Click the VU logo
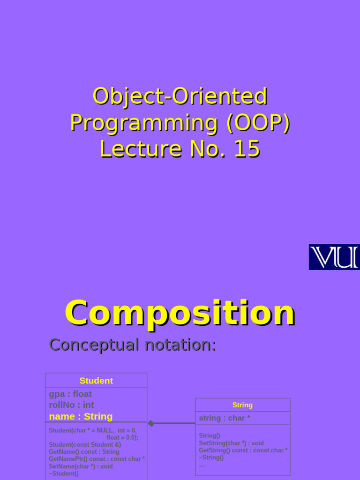click(x=334, y=257)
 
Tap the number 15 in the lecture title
click(x=247, y=149)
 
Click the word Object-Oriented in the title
click(x=180, y=96)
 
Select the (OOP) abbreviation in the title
click(x=258, y=123)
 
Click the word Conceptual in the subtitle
click(x=94, y=345)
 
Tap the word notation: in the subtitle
click(x=180, y=345)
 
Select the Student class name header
click(x=96, y=381)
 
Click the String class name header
click(x=242, y=405)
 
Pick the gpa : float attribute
click(x=70, y=394)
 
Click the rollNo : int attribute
click(x=71, y=405)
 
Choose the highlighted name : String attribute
click(x=81, y=416)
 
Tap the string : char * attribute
click(x=225, y=418)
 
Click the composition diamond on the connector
click(x=151, y=423)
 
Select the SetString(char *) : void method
click(x=231, y=443)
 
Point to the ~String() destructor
click(x=211, y=457)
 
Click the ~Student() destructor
click(x=64, y=473)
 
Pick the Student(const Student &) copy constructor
click(x=85, y=444)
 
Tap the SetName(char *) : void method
click(x=81, y=466)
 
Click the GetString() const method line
click(x=243, y=450)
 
